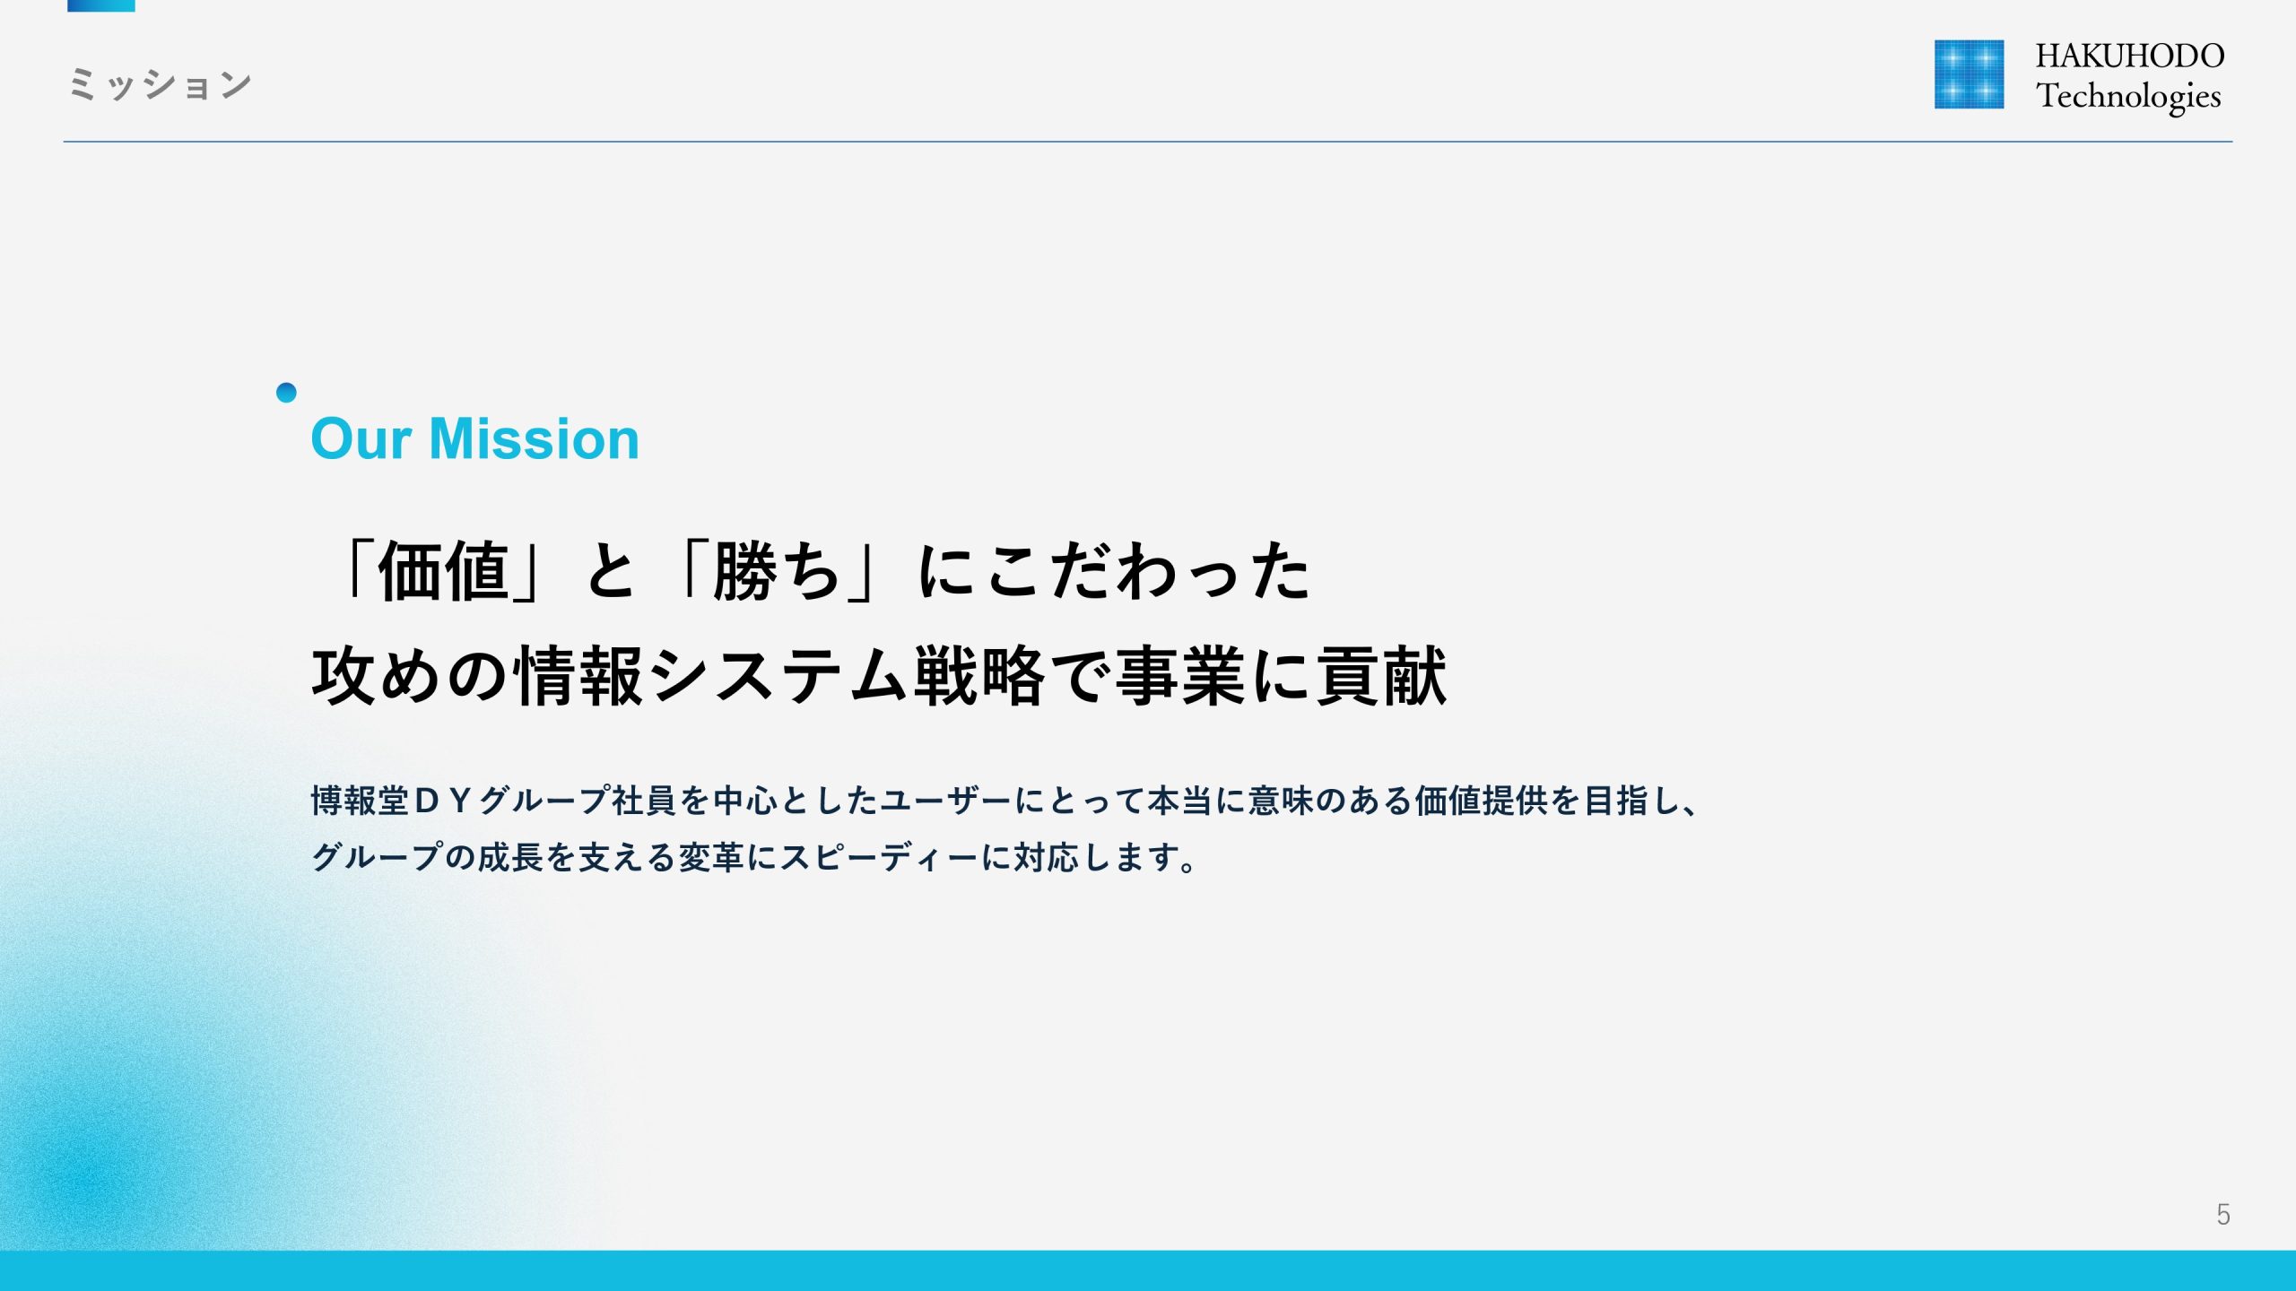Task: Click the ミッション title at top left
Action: [x=161, y=84]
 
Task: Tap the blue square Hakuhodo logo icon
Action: [x=1969, y=74]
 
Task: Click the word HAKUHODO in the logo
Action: [x=2130, y=56]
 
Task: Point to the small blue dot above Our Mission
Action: [x=286, y=393]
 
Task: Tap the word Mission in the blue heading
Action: [x=535, y=439]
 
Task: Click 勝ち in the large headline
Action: [x=777, y=572]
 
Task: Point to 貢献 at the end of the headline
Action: [x=1381, y=676]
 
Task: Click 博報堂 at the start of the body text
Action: [x=361, y=801]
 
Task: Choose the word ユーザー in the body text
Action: [x=946, y=801]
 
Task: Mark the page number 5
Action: [x=2223, y=1215]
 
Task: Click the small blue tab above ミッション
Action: [x=101, y=5]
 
